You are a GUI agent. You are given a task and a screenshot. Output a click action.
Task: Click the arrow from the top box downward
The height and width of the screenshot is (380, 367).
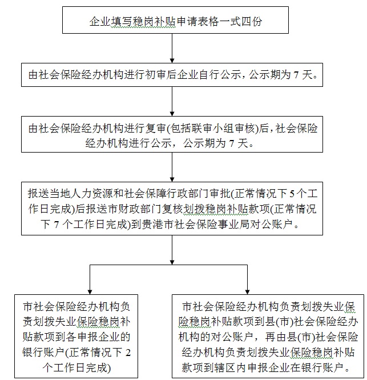(172, 51)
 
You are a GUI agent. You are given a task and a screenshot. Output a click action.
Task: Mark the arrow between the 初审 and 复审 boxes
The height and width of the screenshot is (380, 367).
(172, 103)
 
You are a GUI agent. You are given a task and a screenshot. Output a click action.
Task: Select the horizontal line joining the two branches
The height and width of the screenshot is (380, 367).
(168, 265)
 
